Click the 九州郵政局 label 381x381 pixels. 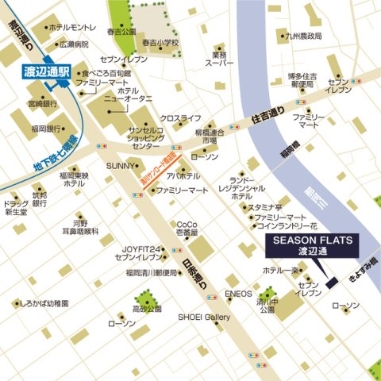tap(305, 37)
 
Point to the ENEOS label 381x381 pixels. tap(238, 294)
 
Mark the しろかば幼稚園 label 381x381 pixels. tap(44, 304)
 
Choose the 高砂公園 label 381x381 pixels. tap(147, 309)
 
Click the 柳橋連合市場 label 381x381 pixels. tap(210, 136)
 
